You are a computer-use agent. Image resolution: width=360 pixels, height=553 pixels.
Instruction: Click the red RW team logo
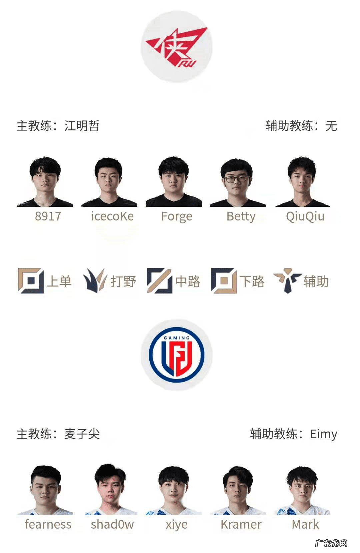pos(176,47)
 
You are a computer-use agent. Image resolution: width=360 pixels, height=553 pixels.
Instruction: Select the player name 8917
pos(48,216)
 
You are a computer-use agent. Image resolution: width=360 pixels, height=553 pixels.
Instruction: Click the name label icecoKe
pos(112,216)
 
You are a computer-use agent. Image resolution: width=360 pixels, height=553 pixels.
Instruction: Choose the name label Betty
pos(241,216)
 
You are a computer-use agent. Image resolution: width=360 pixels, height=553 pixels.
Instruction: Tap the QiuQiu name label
pos(305,216)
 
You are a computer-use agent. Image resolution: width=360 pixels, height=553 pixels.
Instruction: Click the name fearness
pos(48,524)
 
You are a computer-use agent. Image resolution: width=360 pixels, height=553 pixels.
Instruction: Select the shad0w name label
pos(112,524)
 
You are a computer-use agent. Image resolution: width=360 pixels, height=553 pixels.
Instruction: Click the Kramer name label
pos(241,524)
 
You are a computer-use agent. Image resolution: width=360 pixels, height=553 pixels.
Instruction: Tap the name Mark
pos(305,524)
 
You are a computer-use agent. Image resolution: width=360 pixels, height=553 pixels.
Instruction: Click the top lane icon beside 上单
pos(31,281)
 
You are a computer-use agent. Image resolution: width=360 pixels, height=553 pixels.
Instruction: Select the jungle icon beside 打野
pos(95,281)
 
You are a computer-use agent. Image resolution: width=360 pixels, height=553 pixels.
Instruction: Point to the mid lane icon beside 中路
pos(159,281)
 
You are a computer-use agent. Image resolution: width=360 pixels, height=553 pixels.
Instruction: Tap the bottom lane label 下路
pos(252,282)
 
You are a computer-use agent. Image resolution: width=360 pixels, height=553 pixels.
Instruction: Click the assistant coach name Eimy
pos(323,434)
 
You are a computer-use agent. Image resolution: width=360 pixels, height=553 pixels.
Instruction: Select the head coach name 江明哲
pos(82,126)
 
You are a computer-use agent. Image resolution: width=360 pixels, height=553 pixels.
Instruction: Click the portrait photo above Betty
pos(238,182)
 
